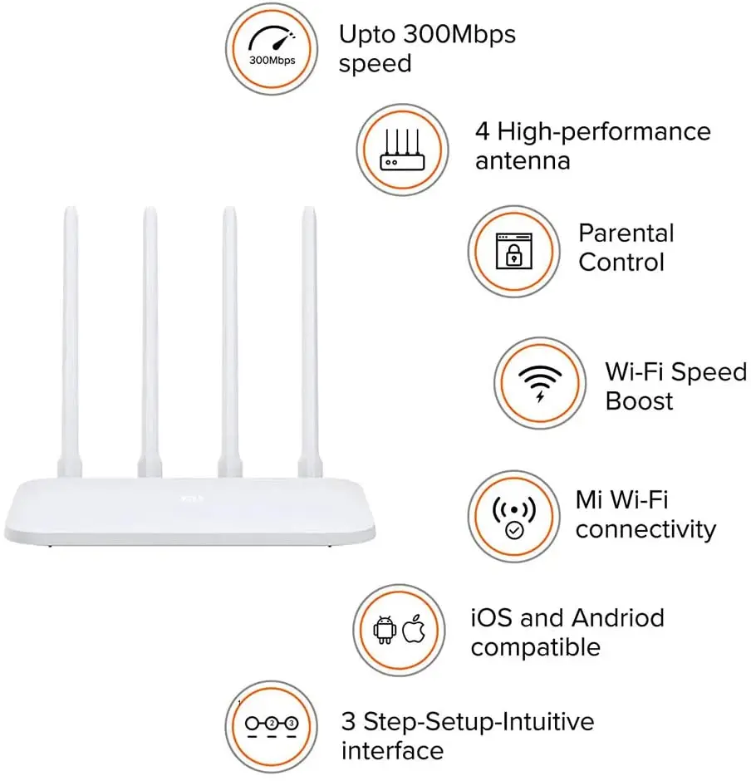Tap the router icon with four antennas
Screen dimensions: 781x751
[x=402, y=150]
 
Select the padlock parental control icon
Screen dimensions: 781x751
[x=512, y=250]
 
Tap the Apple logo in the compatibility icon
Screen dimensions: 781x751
[x=413, y=630]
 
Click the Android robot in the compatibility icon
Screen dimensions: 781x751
[x=384, y=630]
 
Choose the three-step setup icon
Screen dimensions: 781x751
[x=271, y=724]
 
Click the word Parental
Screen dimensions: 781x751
[x=626, y=233]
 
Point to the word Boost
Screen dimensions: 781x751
[x=639, y=400]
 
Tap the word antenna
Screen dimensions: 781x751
[x=523, y=160]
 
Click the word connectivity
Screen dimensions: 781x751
[x=645, y=529]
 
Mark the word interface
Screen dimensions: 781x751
[x=392, y=751]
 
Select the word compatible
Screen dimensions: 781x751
[x=535, y=647]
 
